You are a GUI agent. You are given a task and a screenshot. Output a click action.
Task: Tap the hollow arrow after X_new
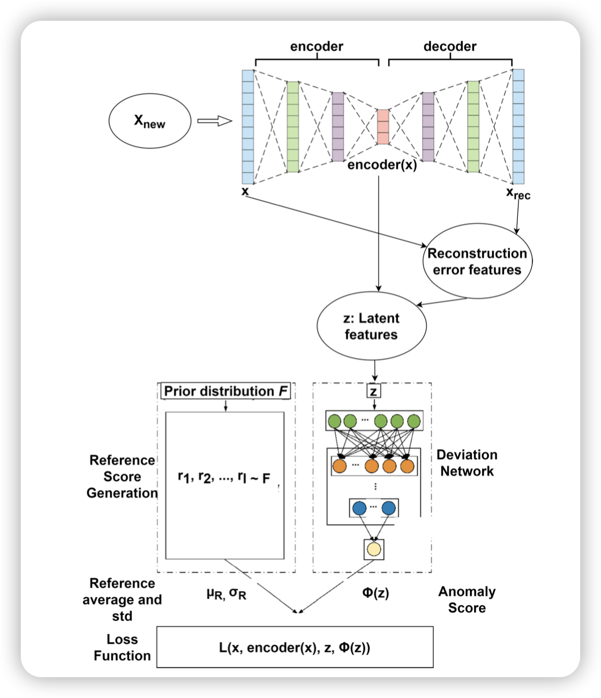[x=214, y=121]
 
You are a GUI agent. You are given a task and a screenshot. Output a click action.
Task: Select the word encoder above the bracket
[x=317, y=47]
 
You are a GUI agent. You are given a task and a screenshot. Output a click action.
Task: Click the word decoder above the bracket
[x=450, y=47]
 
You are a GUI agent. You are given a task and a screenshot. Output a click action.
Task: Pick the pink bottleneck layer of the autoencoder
[x=383, y=126]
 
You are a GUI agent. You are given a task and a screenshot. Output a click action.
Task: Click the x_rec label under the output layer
[x=518, y=194]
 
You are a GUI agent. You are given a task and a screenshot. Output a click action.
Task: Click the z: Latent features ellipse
[x=372, y=326]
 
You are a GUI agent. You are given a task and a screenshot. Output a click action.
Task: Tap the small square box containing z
[x=374, y=391]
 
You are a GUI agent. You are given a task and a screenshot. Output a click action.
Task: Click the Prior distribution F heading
[x=227, y=391]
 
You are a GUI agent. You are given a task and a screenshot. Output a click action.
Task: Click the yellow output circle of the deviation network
[x=374, y=549]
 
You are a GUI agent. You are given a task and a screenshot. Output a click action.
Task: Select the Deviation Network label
[x=467, y=463]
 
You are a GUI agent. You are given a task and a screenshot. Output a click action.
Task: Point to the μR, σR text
[x=226, y=593]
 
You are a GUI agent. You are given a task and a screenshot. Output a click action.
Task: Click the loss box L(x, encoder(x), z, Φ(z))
[x=295, y=647]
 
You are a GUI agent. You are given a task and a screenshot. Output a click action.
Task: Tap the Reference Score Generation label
[x=122, y=476]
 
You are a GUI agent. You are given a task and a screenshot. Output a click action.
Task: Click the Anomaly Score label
[x=467, y=599]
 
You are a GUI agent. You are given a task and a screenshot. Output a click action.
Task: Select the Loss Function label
[x=122, y=647]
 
